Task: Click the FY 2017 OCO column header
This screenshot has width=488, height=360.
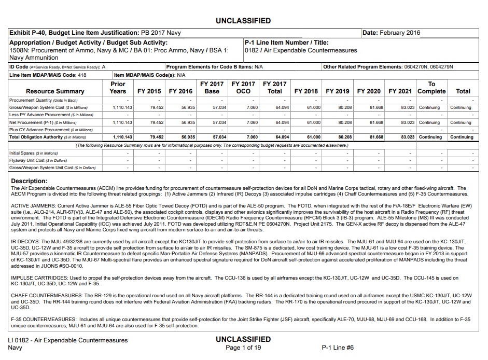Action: coord(243,87)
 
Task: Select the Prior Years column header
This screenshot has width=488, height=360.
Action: coord(118,87)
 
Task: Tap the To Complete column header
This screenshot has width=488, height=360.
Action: coord(431,87)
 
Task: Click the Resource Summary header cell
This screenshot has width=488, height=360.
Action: coord(55,91)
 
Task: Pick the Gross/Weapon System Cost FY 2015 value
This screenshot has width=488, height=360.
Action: coord(153,107)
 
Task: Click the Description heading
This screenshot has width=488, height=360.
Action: coord(30,181)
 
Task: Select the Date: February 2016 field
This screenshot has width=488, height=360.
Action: coord(391,33)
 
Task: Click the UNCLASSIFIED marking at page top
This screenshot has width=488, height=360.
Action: coord(243,21)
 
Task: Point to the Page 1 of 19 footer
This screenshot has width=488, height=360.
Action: coord(243,348)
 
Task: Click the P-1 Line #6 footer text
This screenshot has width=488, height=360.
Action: coord(338,348)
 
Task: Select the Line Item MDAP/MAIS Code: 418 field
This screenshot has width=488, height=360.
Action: coord(47,75)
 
